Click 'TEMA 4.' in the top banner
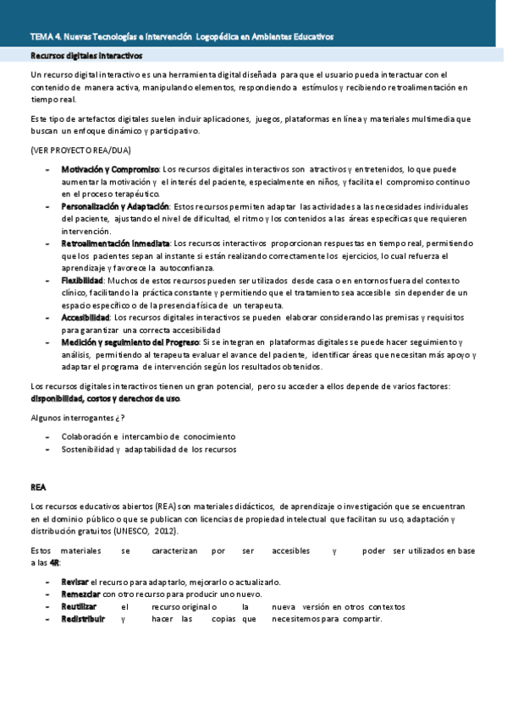coord(45,37)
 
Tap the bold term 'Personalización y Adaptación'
coord(115,206)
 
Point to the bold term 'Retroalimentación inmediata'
coord(115,244)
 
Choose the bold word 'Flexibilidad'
coord(82,280)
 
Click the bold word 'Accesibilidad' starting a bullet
coord(85,317)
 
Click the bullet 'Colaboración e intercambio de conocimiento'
coord(148,436)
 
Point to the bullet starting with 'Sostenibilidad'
coord(148,449)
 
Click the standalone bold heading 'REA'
coord(38,487)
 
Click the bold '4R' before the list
coord(55,562)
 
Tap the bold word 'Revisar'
coord(74,582)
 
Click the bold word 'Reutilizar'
coord(79,606)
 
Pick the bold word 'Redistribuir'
coord(83,618)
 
